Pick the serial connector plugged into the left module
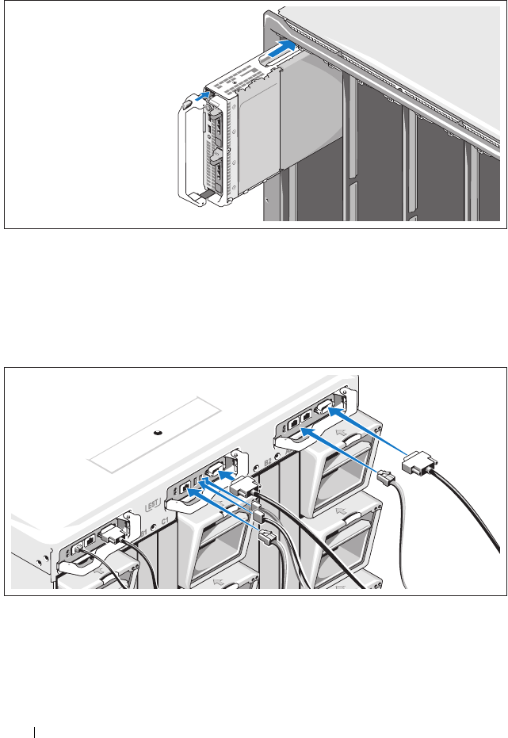(113, 539)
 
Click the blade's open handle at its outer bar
(178, 151)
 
